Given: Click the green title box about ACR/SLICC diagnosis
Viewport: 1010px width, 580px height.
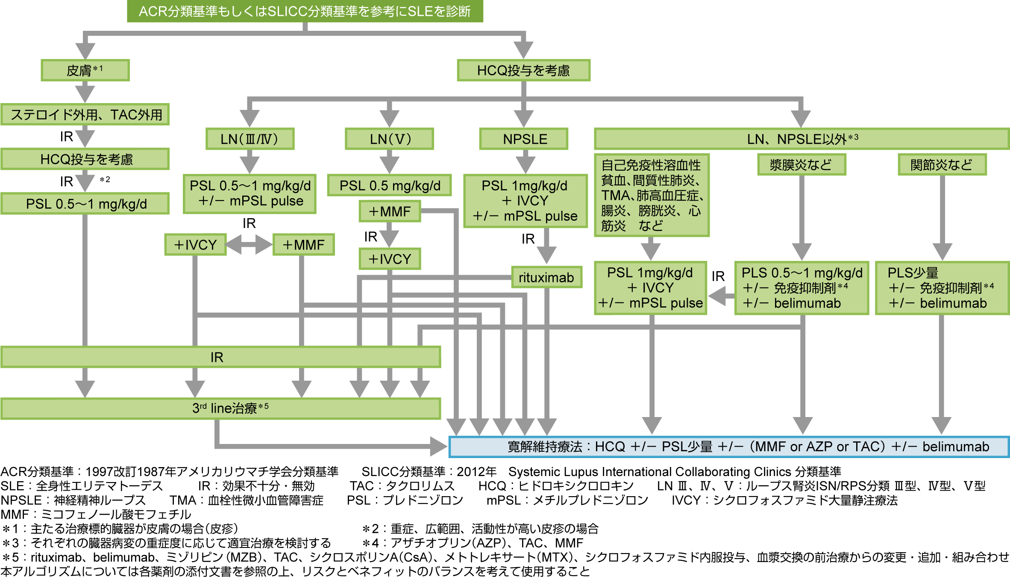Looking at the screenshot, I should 305,11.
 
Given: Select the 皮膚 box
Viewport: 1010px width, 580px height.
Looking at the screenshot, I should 85,70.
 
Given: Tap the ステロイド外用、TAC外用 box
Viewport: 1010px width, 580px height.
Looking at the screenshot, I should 85,115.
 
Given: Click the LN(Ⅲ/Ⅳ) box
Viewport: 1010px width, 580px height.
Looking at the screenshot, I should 250,139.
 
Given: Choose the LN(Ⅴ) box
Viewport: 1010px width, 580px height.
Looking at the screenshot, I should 389,139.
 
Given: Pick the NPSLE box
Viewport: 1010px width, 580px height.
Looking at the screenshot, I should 524,139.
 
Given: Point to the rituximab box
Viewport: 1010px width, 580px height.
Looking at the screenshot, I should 546,278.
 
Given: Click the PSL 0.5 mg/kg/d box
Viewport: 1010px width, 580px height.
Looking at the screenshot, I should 389,186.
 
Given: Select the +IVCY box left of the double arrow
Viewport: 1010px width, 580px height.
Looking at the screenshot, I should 195,245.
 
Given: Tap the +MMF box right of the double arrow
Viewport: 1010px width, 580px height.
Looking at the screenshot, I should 303,245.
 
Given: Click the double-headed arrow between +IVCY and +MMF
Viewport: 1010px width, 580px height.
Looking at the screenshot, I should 249,245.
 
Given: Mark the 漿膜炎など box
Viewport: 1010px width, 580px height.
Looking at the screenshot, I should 802,165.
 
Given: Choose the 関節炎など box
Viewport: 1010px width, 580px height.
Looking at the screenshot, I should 942,165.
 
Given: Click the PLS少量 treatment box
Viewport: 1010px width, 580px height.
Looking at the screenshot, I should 942,288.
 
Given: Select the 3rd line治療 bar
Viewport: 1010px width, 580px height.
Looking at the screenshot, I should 220,408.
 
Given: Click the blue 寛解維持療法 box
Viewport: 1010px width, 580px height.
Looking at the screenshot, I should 729,447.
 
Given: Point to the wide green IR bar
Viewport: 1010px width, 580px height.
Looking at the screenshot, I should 220,357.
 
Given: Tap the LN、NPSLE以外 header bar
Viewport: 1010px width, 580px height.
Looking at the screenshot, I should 802,139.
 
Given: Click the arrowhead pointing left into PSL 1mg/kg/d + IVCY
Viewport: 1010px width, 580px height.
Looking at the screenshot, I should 718,296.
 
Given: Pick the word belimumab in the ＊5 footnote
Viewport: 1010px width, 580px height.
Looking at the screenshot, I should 124,557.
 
